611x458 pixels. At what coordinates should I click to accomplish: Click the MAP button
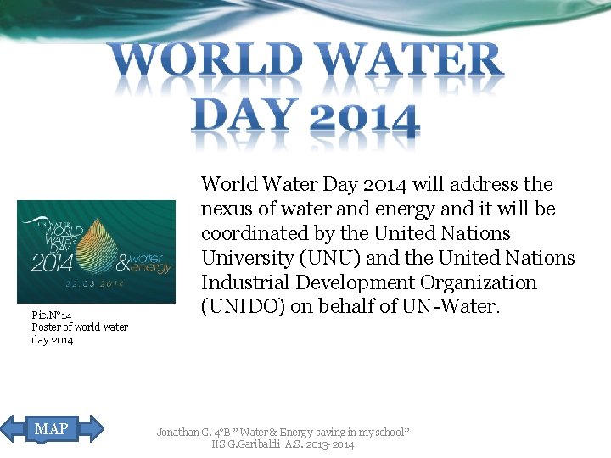pos(52,429)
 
